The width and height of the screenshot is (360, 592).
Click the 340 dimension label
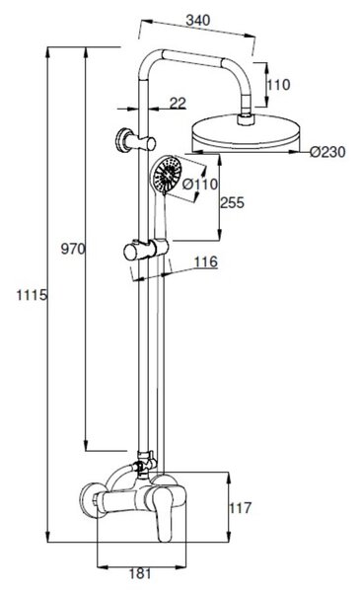(197, 20)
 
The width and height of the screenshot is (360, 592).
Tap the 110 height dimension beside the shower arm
(278, 85)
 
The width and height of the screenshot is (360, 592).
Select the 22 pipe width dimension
(178, 103)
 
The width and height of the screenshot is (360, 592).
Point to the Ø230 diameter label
(327, 152)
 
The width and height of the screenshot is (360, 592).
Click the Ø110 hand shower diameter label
(200, 185)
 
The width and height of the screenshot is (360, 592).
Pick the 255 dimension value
(232, 202)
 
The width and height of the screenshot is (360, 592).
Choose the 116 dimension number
(206, 261)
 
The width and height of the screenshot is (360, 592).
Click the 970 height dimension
(73, 249)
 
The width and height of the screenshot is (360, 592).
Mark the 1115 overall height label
(32, 295)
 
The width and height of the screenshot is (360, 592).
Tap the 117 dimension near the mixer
(241, 508)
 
